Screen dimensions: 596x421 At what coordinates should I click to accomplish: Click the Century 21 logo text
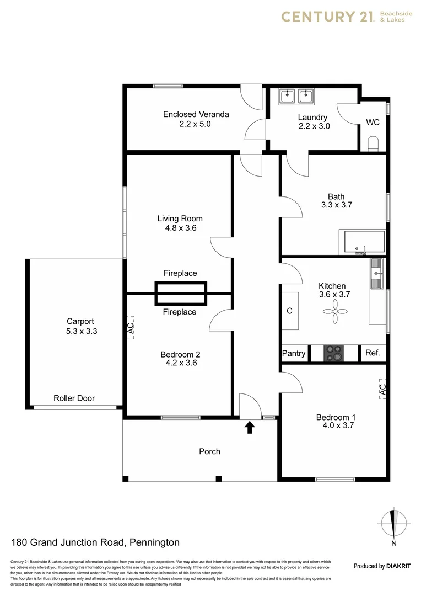pos(327,17)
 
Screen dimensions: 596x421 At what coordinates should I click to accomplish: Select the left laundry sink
pos(287,97)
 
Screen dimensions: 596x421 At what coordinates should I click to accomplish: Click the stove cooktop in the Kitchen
pos(333,353)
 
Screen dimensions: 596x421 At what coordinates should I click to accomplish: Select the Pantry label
pos(294,353)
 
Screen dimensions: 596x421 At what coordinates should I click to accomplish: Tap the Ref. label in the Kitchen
pos(373,353)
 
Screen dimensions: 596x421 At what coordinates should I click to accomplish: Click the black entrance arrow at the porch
pos(250,427)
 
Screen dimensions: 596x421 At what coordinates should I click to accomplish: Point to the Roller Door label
pos(74,398)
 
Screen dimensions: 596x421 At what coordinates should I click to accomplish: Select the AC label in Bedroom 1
pos(383,389)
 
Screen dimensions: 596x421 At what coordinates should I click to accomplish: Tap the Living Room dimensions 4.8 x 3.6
pos(180,227)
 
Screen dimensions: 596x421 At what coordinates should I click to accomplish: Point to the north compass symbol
pos(393,522)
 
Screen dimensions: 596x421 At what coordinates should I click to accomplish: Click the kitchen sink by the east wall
pos(376,274)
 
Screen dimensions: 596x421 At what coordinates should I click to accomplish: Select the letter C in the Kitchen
pos(289,311)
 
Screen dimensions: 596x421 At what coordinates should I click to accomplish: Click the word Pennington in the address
pos(154,542)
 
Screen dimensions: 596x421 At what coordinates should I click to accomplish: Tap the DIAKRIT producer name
pos(399,566)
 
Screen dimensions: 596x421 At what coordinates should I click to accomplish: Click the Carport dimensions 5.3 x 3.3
pos(80,331)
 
